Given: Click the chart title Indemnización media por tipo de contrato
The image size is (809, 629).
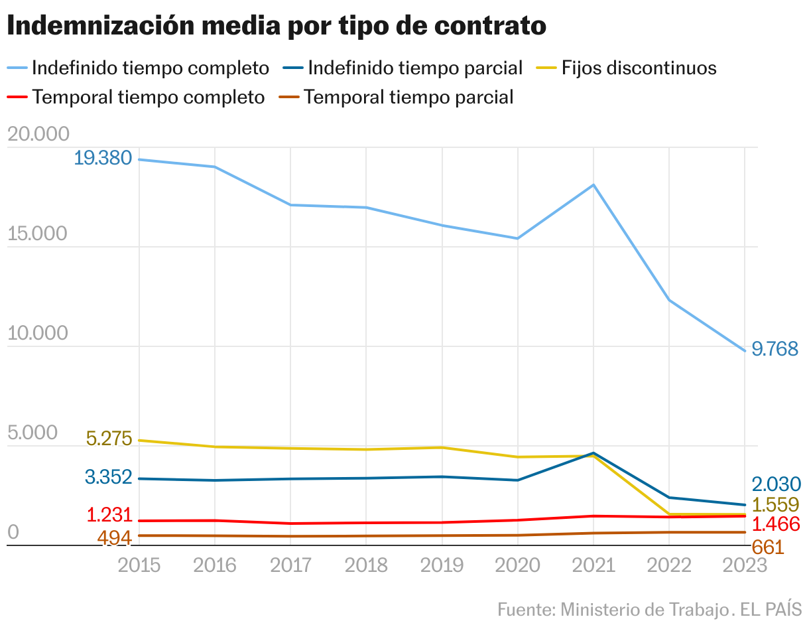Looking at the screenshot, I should click(x=277, y=26).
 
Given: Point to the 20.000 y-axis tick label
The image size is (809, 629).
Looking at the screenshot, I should click(x=38, y=135).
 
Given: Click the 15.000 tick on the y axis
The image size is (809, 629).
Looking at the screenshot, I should click(x=38, y=234).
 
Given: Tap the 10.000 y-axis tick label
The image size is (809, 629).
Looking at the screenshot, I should click(x=38, y=334).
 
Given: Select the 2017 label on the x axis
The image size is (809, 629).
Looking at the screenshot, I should click(x=290, y=565).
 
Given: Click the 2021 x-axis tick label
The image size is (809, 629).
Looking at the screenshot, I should click(x=593, y=565).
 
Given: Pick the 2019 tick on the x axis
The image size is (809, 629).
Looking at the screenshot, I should click(x=442, y=565).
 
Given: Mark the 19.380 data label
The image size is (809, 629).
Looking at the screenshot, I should click(x=103, y=159).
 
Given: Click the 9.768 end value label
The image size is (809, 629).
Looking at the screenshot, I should click(x=775, y=350).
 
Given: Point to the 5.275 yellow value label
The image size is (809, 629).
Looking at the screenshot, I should click(x=109, y=439).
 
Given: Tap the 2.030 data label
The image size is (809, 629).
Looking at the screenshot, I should click(x=777, y=484).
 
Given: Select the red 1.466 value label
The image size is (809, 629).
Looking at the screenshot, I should click(x=777, y=524).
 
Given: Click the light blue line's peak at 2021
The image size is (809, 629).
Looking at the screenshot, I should click(x=593, y=184).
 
